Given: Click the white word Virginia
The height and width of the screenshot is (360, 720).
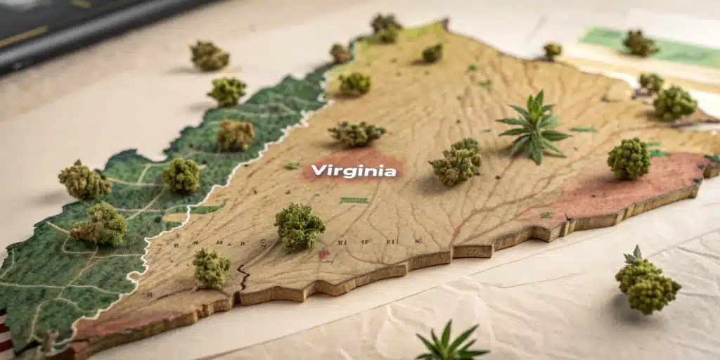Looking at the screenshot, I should [x=353, y=170].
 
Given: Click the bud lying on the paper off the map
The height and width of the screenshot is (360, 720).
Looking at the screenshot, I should [x=647, y=283].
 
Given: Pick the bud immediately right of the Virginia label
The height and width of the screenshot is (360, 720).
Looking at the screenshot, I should [x=456, y=163].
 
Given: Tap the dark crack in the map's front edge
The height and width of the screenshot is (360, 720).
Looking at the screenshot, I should [x=243, y=278].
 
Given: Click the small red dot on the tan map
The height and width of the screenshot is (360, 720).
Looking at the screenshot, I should [x=323, y=253].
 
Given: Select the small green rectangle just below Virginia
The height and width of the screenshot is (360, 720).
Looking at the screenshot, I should [x=354, y=200].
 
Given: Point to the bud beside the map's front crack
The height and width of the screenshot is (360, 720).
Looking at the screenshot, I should [x=210, y=267].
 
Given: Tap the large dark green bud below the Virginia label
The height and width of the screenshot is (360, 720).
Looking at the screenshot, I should [x=300, y=226].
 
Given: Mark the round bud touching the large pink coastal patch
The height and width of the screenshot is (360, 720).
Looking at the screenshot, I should [x=629, y=158].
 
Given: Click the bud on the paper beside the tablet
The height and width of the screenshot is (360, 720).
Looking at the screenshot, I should [x=210, y=55].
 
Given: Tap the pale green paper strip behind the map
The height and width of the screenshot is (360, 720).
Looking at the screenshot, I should [x=675, y=49].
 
